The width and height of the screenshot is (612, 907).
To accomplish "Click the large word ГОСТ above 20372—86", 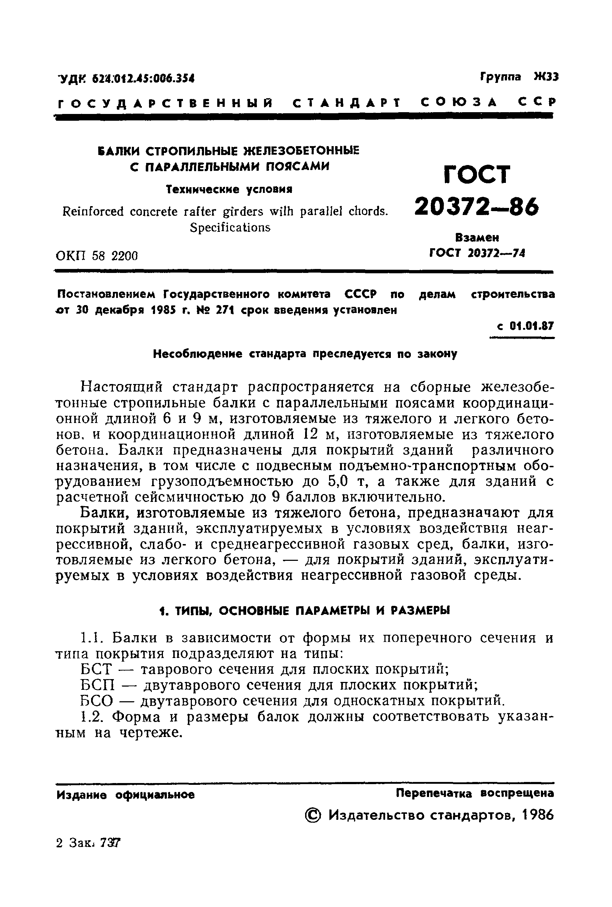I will (477, 174).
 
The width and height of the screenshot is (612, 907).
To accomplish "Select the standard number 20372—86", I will (477, 207).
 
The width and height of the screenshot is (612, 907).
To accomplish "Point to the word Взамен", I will (477, 237).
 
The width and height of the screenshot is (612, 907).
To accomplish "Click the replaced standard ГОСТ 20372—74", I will (477, 253).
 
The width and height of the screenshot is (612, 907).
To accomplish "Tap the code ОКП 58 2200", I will (97, 256).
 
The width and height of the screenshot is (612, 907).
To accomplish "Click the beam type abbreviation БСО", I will (97, 701).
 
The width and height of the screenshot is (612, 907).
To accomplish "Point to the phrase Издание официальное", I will (125, 794).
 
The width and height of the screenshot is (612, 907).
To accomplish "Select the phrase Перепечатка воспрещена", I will (474, 793).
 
